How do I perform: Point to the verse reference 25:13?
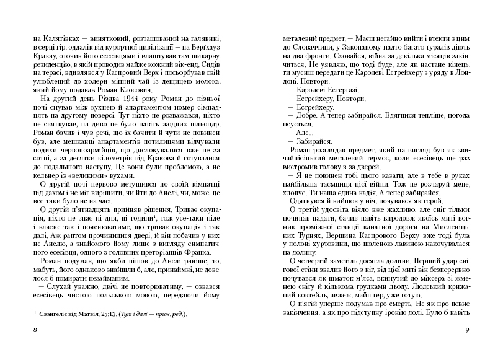point(107,314)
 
